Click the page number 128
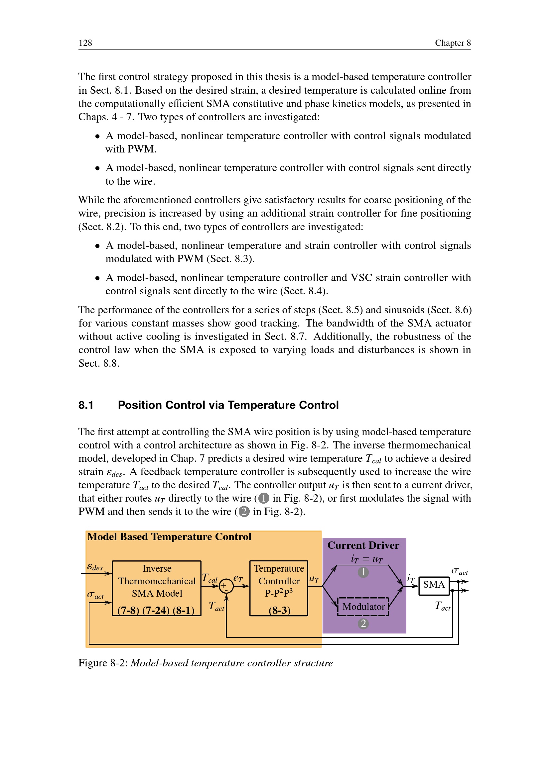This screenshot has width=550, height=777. [85, 43]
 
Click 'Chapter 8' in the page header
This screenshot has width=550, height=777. [453, 43]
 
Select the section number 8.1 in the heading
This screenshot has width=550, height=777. [86, 405]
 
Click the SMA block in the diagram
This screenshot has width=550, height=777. [434, 584]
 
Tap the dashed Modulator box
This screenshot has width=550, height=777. [363, 607]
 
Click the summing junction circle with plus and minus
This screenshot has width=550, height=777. [226, 586]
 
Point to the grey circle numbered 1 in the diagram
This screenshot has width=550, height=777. [363, 572]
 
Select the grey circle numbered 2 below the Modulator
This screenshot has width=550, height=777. [363, 623]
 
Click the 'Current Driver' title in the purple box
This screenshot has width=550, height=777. [363, 545]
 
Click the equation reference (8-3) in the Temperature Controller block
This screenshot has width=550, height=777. [279, 610]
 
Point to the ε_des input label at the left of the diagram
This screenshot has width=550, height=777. [94, 567]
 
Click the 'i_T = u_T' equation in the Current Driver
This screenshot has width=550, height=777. [366, 559]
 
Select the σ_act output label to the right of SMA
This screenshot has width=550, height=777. [460, 572]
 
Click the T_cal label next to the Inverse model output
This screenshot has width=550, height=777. [209, 578]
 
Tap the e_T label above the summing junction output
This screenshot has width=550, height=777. [238, 579]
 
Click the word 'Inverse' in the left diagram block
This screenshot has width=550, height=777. [157, 568]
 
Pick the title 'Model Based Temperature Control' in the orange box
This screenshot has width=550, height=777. [169, 537]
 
